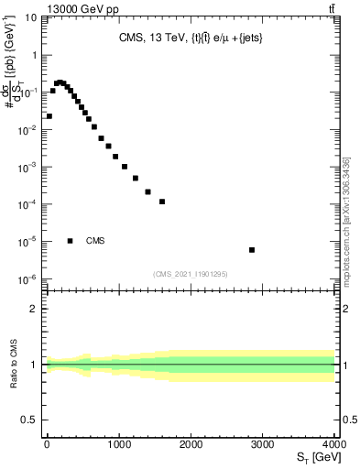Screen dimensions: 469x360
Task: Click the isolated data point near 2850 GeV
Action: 252,250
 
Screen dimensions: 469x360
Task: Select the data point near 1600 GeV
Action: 161,202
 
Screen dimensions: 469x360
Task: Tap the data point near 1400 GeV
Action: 147,191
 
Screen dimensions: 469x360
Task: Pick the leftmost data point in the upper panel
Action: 49,116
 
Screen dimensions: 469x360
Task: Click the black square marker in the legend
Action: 70,241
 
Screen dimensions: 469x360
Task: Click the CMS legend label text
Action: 95,241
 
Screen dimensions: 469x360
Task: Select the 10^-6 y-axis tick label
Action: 29,280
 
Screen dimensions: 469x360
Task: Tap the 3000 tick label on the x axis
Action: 263,444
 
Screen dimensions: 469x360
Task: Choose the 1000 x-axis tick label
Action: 118,444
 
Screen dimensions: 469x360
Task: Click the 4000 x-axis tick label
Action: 334,444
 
